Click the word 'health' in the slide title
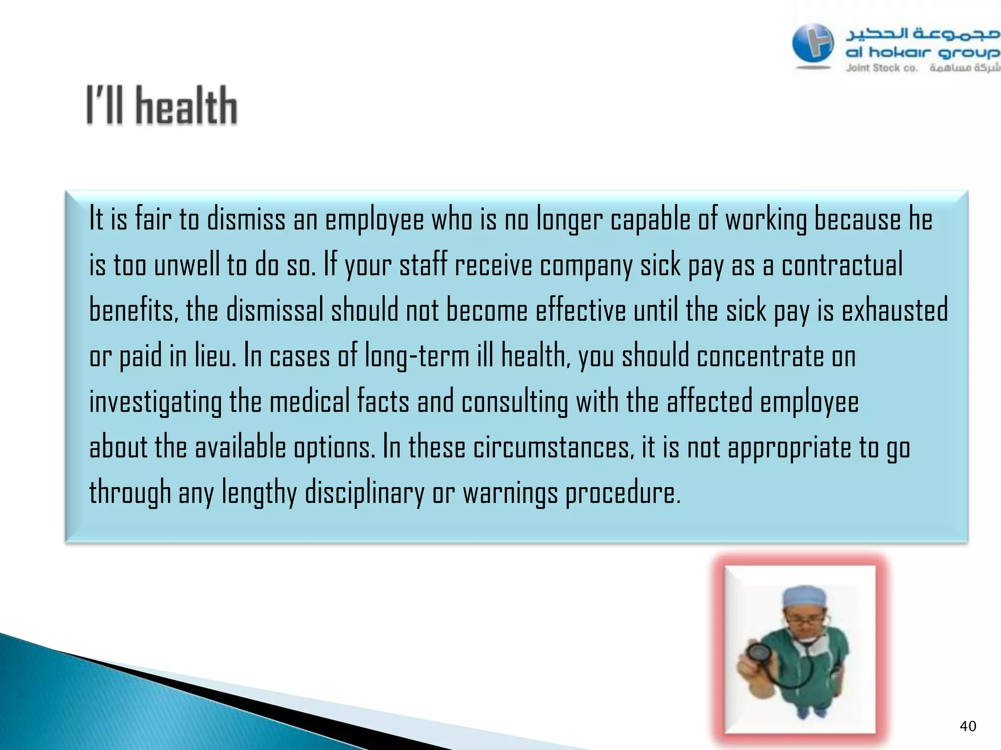186,106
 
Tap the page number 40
968,727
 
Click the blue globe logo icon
813,43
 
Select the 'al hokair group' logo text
922,52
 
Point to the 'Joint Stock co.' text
882,68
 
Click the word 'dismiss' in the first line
246,219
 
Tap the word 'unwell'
186,265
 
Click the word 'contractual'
842,265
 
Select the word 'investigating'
155,402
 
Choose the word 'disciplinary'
365,492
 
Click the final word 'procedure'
622,492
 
